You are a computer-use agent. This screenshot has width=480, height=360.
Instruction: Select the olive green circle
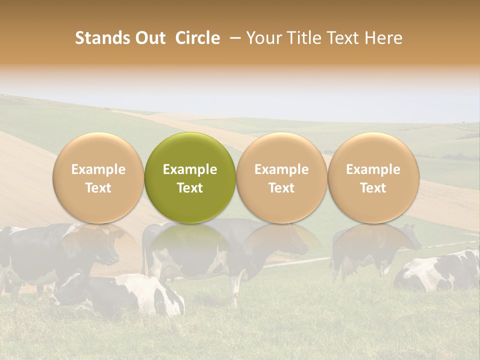[190, 177]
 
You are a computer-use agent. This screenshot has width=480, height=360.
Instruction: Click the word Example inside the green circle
[190, 169]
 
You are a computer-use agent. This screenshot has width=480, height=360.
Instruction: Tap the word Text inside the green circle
[190, 188]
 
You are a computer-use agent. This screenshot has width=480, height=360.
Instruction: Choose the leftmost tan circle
[98, 177]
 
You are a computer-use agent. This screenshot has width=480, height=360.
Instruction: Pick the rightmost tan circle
[373, 177]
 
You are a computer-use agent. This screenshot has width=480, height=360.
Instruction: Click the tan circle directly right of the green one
[281, 177]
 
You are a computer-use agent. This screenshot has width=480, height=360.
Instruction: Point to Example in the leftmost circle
[98, 169]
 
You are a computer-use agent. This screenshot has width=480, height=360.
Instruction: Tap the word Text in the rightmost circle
[373, 188]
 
